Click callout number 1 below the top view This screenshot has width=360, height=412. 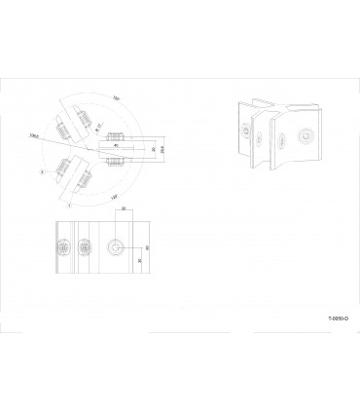coord(68,206)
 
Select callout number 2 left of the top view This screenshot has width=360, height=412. coord(42,170)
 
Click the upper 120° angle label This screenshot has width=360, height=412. coord(115,98)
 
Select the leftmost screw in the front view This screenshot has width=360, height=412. coord(65,247)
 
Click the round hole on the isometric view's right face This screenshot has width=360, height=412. coord(306,137)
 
